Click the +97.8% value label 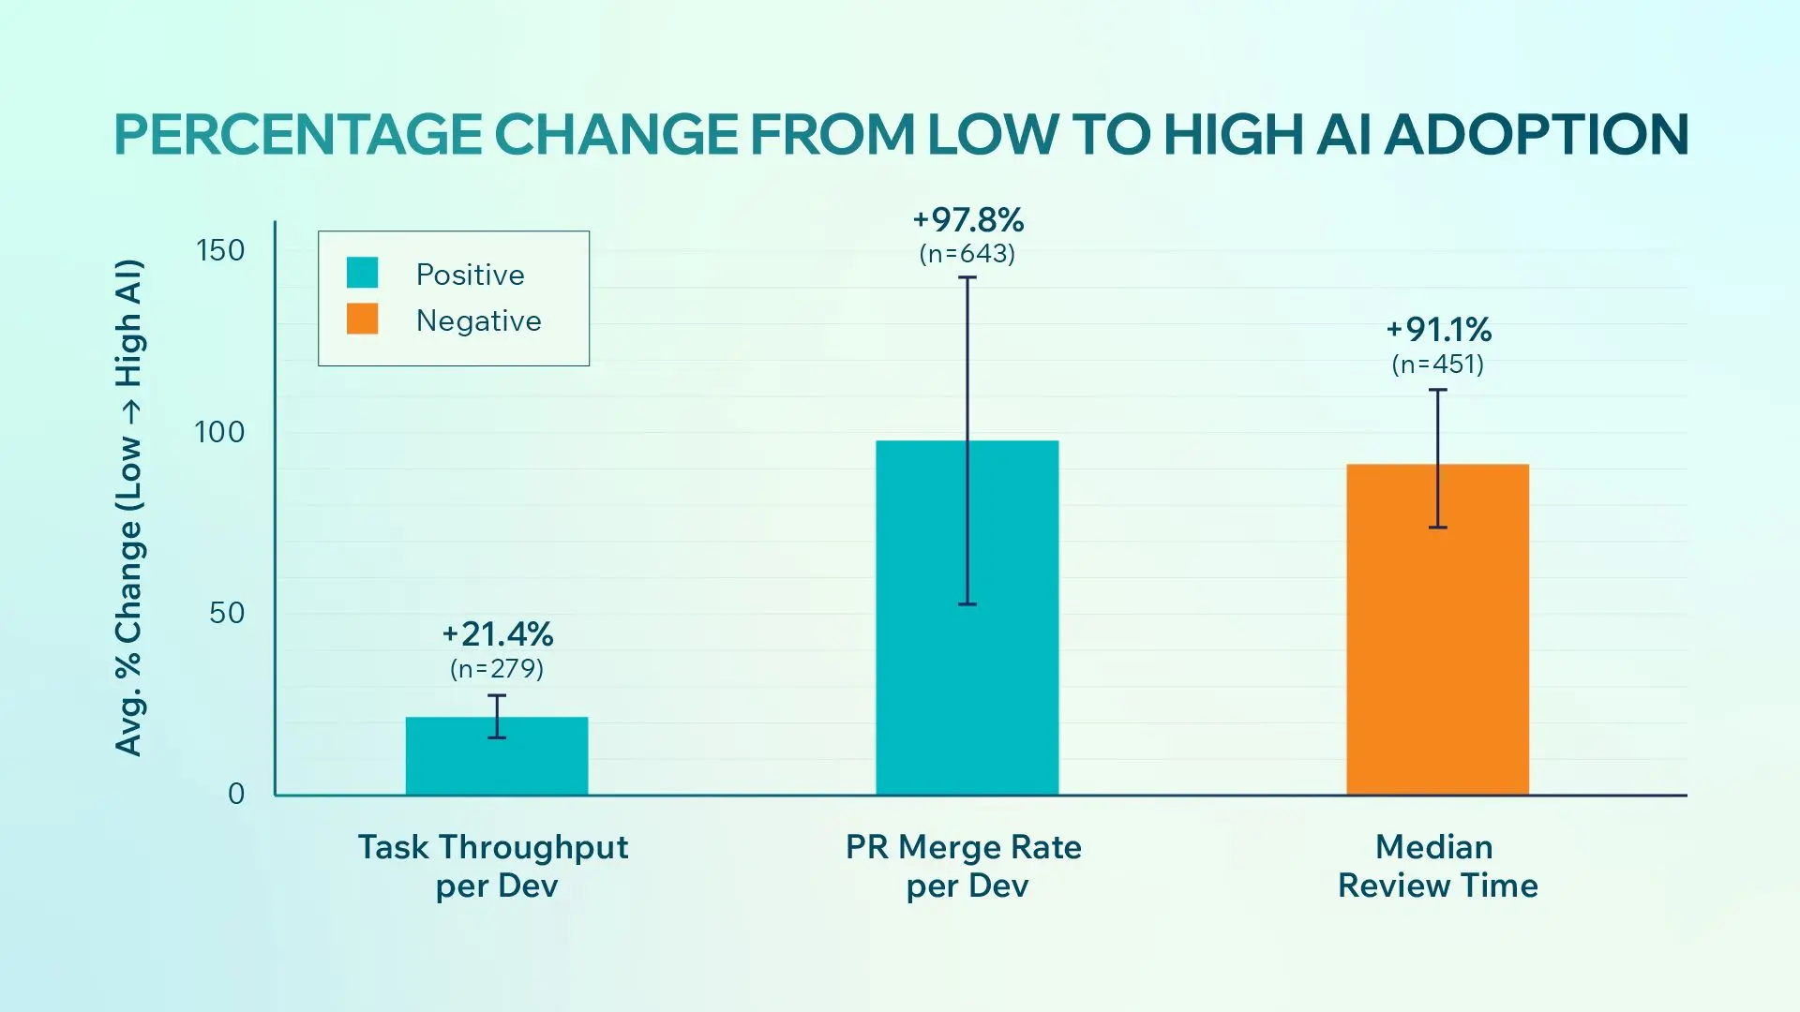pos(967,220)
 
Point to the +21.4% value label pos(497,634)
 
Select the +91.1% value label pos(1438,330)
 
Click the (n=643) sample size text pos(967,254)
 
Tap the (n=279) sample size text pos(497,668)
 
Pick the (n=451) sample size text pos(1438,364)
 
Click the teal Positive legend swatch pos(362,273)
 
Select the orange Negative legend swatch pos(362,319)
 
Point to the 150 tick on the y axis pos(220,250)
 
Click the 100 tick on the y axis pos(219,432)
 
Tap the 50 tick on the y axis pos(227,613)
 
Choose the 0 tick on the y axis pos(236,794)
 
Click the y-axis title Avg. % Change pos(129,507)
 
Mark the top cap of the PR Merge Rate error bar pos(967,277)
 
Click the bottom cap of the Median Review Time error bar pos(1438,528)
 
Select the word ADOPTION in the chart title pos(1536,134)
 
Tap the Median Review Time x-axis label pos(1437,866)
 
